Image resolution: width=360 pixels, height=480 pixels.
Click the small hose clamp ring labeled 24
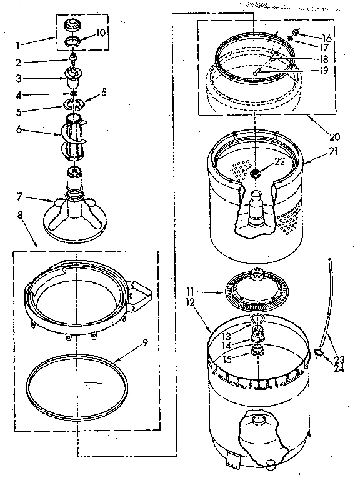tap(321, 353)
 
